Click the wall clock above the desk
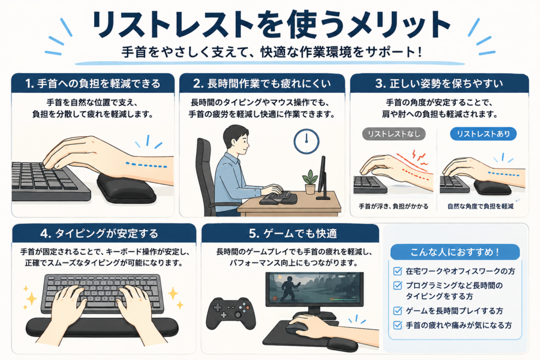306,141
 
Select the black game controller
230,313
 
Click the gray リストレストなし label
393,134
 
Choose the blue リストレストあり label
483,134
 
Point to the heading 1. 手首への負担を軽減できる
93,83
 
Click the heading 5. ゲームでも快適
293,233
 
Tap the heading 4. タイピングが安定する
99,233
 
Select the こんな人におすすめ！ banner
455,252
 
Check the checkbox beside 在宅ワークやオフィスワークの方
398,271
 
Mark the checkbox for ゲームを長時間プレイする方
398,311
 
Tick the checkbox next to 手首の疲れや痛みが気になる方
398,325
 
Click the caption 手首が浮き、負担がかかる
393,207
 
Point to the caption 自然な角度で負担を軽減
480,207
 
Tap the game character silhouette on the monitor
291,287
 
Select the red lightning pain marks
420,157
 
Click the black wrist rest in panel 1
126,188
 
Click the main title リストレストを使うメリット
271,25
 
